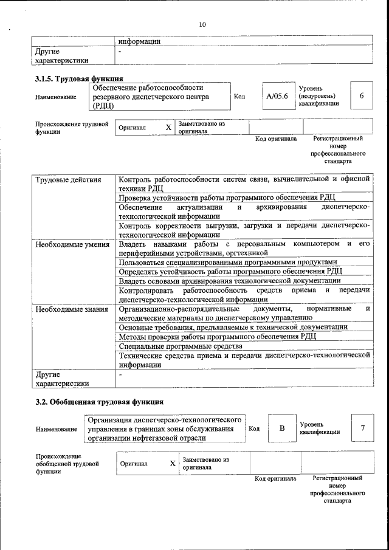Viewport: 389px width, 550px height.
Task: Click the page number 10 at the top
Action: coord(202,24)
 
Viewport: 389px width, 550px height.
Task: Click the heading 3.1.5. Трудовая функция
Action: coord(79,78)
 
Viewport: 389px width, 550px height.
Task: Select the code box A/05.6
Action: coord(277,96)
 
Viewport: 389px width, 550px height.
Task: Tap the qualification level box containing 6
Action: coord(362,96)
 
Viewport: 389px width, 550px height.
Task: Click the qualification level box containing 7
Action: coord(362,428)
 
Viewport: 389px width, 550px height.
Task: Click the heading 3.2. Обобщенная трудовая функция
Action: coord(99,402)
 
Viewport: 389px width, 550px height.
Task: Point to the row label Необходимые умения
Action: coord(72,244)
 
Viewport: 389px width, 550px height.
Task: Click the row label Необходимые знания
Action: coord(72,309)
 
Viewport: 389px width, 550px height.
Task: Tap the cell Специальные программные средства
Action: coord(172,346)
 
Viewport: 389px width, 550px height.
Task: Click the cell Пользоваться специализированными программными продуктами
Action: coord(227,262)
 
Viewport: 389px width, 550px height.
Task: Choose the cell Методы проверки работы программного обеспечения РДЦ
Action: coord(217,337)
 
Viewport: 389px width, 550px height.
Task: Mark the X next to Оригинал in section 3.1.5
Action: coord(168,128)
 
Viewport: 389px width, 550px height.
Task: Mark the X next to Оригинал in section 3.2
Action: coord(172,464)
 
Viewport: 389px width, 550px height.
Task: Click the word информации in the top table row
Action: coord(139,42)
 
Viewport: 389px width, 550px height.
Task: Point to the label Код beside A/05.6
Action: coord(239,96)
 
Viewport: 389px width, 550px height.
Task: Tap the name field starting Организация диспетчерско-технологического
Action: coord(164,428)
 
